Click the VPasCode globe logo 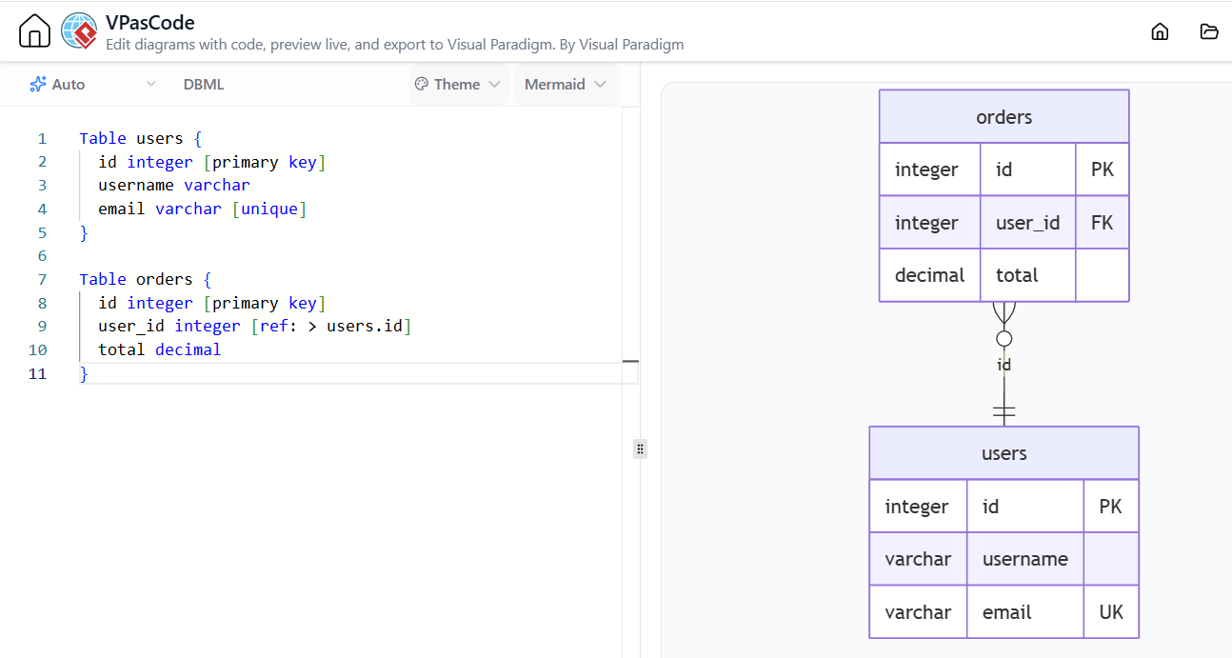[79, 30]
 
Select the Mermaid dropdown [566, 84]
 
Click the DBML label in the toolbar [204, 84]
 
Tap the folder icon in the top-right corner [1209, 31]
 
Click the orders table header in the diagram [1003, 116]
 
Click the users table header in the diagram [1003, 452]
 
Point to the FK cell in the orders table [1102, 222]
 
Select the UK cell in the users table [1110, 611]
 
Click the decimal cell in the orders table [929, 275]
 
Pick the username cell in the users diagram [1025, 559]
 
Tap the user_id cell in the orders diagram [1027, 222]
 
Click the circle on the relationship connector [1003, 339]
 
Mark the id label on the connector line [1003, 365]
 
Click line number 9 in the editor [42, 327]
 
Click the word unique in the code [269, 209]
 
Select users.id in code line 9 [365, 327]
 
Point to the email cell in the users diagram [1025, 611]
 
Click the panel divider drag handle [640, 449]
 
